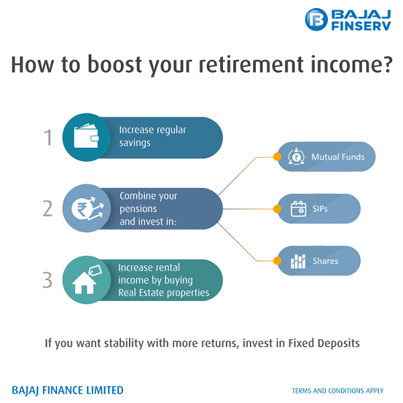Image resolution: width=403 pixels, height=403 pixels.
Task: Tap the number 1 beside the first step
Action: click(x=48, y=138)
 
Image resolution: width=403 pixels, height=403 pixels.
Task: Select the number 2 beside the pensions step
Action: click(x=48, y=209)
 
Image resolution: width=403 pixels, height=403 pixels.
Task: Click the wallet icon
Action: click(x=85, y=138)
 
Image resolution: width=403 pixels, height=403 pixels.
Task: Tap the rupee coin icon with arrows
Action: click(x=85, y=209)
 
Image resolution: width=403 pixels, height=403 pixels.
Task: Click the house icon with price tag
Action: click(x=85, y=281)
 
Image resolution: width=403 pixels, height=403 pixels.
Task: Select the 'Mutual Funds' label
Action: click(x=338, y=157)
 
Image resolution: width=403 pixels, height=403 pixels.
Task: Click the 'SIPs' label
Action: click(x=320, y=209)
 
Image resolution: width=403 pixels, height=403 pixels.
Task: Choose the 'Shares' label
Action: click(x=325, y=261)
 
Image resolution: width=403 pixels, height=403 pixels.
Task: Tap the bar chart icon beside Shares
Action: click(x=298, y=261)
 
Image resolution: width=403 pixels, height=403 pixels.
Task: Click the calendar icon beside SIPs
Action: click(x=298, y=209)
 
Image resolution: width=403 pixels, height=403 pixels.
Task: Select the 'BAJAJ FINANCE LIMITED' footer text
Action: click(x=68, y=390)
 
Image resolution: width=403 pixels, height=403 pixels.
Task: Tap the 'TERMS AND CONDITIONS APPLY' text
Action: click(x=338, y=391)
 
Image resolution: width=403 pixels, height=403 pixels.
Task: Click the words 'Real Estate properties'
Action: click(x=163, y=293)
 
